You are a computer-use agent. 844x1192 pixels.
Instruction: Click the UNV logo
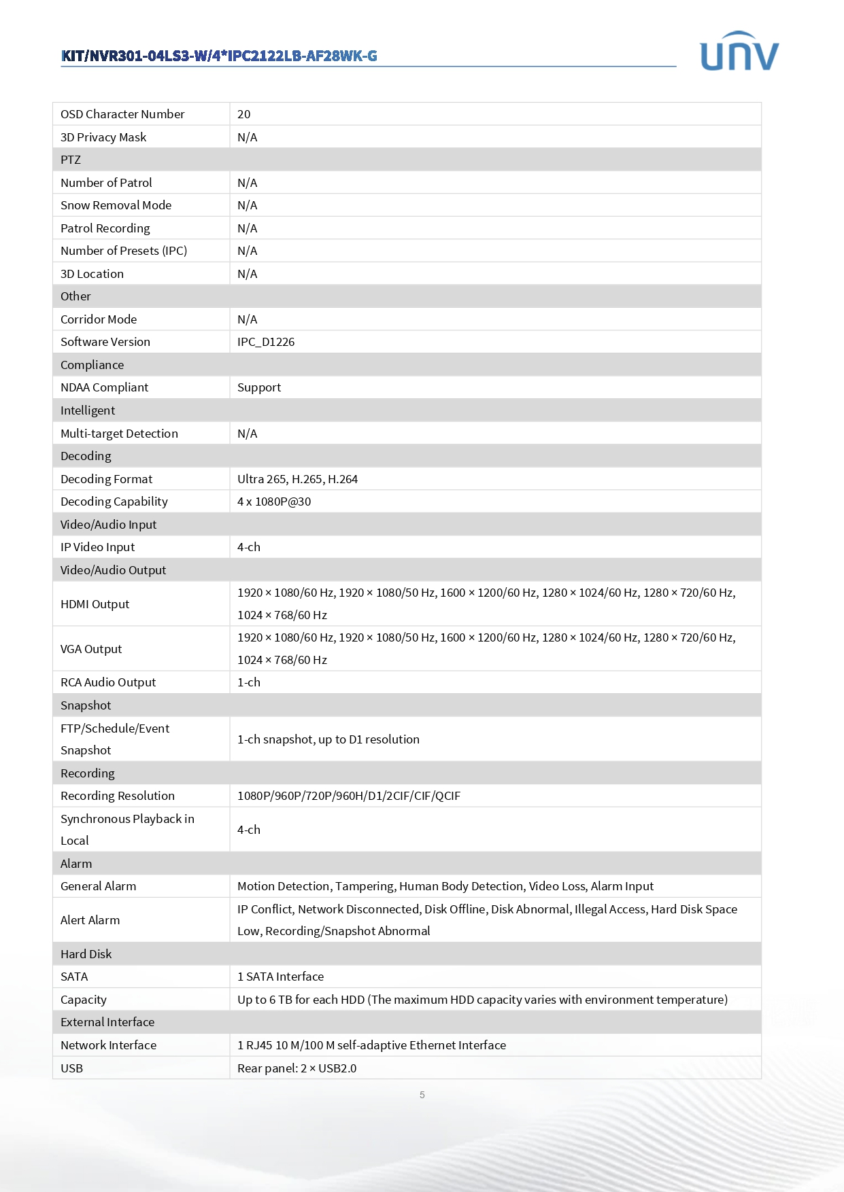click(739, 52)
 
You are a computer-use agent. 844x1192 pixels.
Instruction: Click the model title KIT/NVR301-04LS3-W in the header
click(219, 56)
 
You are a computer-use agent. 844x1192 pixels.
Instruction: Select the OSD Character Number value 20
click(244, 114)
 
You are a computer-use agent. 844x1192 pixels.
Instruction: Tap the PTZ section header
click(71, 160)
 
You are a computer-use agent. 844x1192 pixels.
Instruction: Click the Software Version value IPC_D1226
click(266, 342)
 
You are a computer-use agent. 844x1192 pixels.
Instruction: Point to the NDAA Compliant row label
click(104, 387)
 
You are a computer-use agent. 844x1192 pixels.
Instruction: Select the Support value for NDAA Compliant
click(259, 387)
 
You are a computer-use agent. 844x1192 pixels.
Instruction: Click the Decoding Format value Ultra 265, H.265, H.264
click(297, 479)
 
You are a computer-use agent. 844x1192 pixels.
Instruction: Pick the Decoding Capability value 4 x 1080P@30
click(274, 502)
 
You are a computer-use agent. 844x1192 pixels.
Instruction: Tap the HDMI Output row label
click(95, 604)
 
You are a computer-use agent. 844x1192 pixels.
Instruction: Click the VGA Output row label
click(91, 649)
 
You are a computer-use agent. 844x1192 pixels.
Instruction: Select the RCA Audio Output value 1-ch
click(249, 682)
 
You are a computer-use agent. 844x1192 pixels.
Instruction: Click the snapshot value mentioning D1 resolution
click(328, 739)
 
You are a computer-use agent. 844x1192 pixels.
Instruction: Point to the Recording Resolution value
click(349, 796)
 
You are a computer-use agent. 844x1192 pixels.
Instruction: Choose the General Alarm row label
click(98, 886)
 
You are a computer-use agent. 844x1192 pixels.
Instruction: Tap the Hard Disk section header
click(86, 954)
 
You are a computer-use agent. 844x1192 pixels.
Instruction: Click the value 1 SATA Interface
click(280, 977)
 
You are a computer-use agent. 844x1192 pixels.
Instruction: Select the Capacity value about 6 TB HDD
click(482, 1000)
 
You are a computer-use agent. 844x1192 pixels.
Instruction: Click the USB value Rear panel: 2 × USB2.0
click(297, 1068)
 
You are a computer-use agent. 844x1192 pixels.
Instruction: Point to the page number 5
click(422, 1095)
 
